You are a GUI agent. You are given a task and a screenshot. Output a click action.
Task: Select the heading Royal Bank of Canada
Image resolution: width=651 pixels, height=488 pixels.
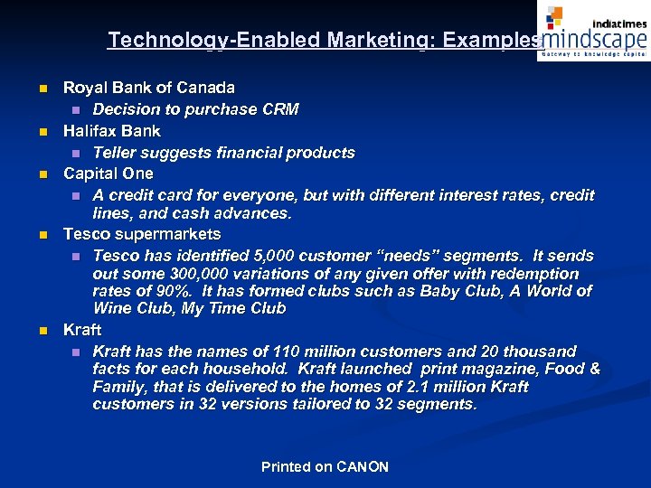pos(148,88)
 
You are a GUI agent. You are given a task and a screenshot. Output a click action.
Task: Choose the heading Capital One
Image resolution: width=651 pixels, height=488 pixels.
pos(108,174)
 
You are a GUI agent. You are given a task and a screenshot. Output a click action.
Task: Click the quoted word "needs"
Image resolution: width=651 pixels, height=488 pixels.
pos(399,256)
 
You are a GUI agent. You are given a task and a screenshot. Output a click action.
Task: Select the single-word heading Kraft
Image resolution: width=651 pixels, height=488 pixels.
pos(81,330)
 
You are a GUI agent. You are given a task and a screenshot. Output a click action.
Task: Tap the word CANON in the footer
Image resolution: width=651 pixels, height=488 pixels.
pos(363,467)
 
